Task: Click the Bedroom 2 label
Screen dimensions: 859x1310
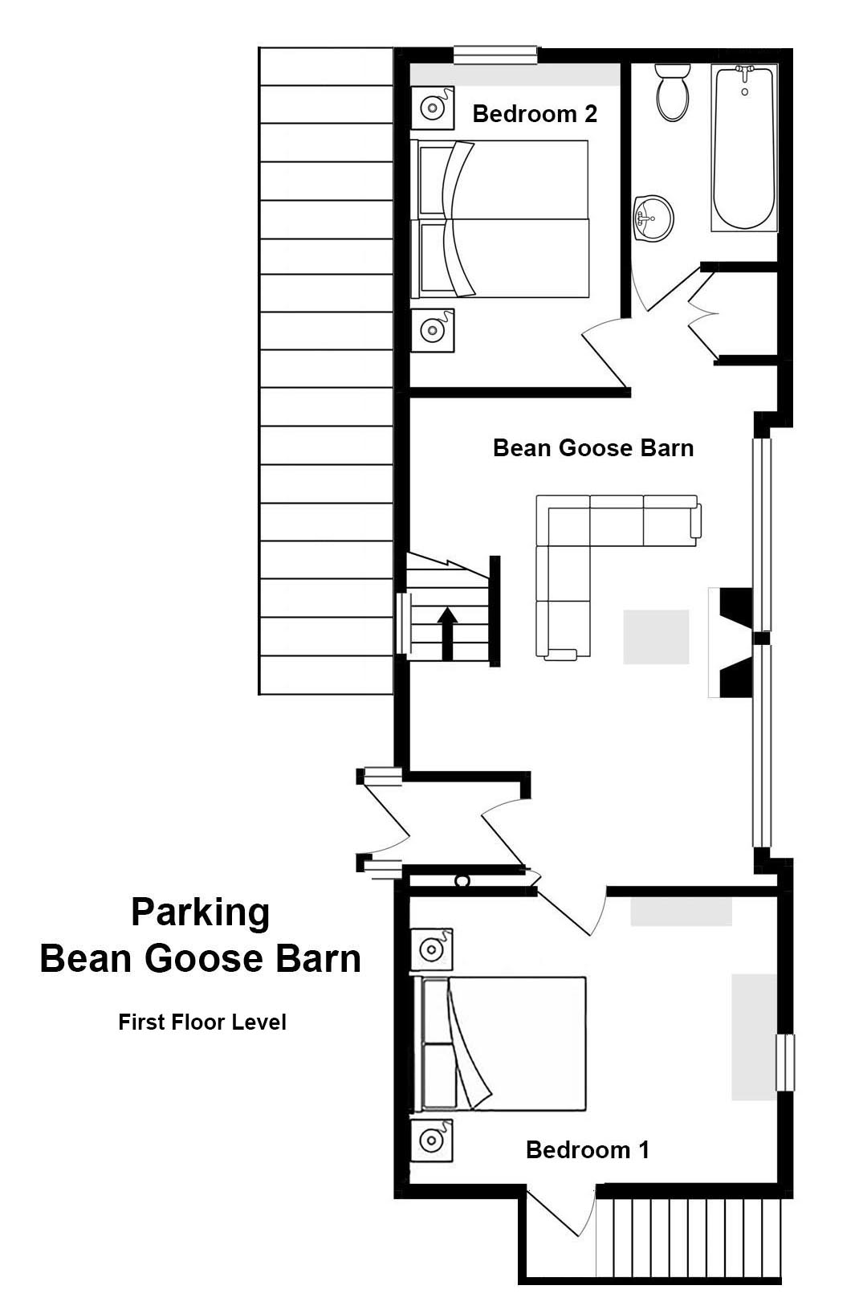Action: (x=535, y=114)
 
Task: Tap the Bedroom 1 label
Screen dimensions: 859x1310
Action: (x=588, y=1150)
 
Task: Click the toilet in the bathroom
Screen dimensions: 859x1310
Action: (x=673, y=92)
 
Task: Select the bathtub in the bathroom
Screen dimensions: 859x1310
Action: (x=744, y=148)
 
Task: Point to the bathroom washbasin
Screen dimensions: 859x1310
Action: (x=653, y=218)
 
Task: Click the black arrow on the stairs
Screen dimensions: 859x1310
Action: (x=448, y=634)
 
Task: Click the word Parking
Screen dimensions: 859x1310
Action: (x=201, y=912)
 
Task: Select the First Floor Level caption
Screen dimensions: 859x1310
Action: (x=202, y=1022)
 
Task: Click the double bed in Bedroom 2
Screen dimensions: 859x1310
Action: (x=499, y=218)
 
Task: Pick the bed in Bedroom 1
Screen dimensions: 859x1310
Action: (x=499, y=1044)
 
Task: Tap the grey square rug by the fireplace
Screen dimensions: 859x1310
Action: (x=656, y=637)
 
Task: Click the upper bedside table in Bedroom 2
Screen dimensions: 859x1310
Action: (x=433, y=108)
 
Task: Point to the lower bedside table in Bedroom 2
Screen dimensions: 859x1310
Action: (x=433, y=330)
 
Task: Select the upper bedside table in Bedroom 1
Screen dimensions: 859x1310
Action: (x=431, y=949)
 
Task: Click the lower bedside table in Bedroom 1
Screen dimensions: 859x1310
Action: (x=431, y=1141)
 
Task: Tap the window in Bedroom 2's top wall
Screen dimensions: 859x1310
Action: (x=495, y=55)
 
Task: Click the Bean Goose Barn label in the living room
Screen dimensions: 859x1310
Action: (x=593, y=448)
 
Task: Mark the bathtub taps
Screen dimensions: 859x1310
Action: (x=744, y=72)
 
